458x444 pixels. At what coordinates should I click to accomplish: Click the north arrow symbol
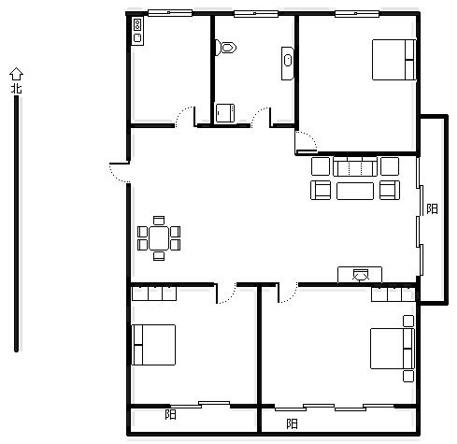point(16,74)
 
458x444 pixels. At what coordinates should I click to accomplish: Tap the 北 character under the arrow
point(17,88)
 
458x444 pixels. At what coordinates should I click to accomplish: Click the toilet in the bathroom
point(226,48)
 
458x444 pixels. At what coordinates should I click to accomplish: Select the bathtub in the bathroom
point(288,64)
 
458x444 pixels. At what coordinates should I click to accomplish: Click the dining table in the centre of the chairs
point(159,238)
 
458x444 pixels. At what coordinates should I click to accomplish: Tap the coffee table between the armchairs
point(355,191)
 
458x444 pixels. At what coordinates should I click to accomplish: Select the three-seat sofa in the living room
point(355,166)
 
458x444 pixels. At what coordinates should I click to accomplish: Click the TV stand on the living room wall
point(360,275)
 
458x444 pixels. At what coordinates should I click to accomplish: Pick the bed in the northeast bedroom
point(394,60)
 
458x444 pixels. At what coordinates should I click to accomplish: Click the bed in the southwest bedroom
point(153,345)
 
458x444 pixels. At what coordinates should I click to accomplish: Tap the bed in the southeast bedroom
point(393,349)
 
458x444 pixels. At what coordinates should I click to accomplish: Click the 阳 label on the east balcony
point(432,208)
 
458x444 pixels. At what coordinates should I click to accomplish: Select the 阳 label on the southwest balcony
point(170,414)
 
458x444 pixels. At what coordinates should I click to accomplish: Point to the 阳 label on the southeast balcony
point(292,423)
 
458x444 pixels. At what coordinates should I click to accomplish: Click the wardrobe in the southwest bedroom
point(154,294)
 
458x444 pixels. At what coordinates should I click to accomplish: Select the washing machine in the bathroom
point(225,113)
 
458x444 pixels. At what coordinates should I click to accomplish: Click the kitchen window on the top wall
point(170,13)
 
